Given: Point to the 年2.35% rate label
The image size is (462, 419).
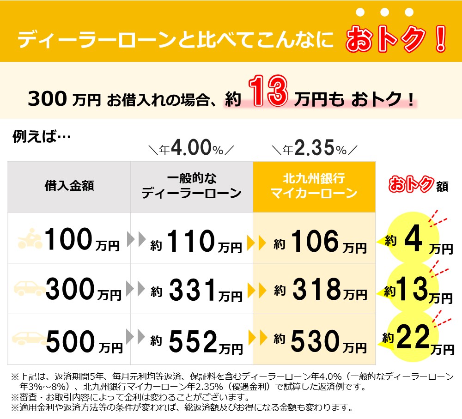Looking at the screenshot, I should pos(314,149).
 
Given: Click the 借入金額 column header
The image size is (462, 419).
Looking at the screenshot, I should pos(69,186).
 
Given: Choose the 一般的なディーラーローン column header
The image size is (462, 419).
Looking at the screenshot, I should pos(191,186).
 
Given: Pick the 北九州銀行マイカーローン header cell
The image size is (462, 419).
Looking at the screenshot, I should pos(314,186).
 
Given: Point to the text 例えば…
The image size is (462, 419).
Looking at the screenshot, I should pos(41,137).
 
